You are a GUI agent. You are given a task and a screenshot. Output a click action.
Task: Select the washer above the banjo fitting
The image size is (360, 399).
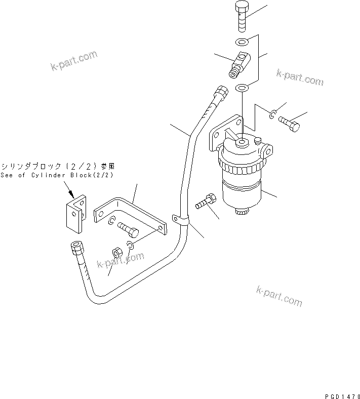(x=242, y=43)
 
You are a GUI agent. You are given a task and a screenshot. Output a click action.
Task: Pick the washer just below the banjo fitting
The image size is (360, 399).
(x=242, y=89)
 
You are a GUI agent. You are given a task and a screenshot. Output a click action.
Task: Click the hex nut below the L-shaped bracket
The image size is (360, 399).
(x=115, y=252)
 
